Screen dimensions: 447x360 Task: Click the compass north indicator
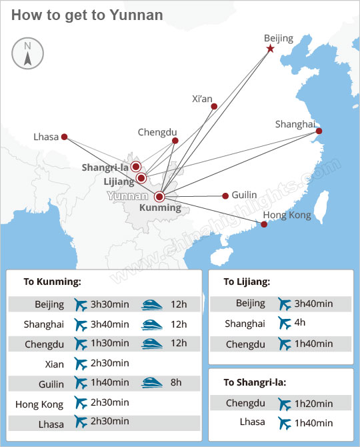tap(27, 53)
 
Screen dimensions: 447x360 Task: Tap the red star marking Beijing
tap(270, 49)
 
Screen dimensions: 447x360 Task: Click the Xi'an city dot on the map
tap(214, 107)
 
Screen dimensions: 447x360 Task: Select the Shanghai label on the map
tap(295, 124)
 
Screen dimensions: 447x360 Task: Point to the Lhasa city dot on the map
tap(64, 137)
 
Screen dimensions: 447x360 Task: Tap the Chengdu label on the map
tap(157, 131)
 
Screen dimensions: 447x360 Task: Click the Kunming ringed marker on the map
tap(159, 197)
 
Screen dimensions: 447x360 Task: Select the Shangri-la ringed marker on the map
tap(136, 166)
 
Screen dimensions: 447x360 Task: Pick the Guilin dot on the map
tap(224, 196)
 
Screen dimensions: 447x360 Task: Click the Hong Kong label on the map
tap(287, 215)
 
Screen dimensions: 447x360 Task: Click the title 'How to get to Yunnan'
tap(87, 15)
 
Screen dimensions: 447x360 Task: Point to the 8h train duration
tap(175, 382)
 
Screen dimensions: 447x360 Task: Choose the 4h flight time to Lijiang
tap(301, 324)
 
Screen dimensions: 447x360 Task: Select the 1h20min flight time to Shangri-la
tap(314, 403)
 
